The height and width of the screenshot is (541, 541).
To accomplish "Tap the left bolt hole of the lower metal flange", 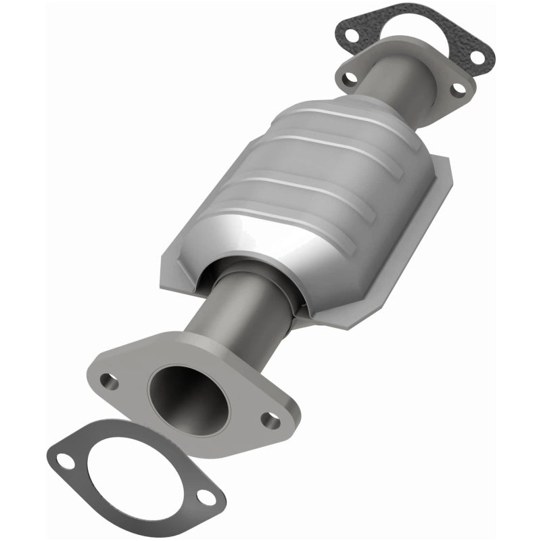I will [109, 381].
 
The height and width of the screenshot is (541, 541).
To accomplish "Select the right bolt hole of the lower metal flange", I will [270, 421].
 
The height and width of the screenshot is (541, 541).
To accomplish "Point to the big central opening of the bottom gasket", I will [135, 473].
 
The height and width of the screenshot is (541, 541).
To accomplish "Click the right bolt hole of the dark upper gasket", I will [477, 56].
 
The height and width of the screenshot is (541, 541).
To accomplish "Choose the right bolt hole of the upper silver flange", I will [458, 89].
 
